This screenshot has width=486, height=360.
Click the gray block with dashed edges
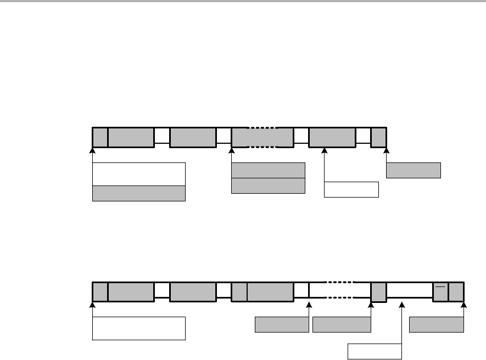[262, 138]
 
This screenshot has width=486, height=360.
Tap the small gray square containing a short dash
[440, 292]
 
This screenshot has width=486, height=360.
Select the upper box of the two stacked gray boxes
[268, 170]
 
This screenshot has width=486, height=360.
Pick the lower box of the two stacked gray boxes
[268, 186]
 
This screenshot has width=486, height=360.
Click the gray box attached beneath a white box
[138, 194]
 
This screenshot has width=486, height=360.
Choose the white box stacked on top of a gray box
[138, 174]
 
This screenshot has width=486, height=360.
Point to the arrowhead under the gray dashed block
[232, 150]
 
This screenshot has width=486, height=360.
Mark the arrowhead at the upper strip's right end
[387, 150]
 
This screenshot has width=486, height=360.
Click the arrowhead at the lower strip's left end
[93, 305]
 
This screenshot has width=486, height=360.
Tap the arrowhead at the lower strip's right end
[464, 305]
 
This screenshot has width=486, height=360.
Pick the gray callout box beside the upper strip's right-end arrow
[414, 171]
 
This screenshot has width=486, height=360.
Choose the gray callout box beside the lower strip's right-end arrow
[437, 325]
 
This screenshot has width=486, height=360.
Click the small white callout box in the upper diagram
[351, 189]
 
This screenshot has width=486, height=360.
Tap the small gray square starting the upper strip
[100, 138]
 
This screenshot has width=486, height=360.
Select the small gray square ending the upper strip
[379, 138]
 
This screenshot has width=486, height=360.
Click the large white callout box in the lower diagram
[138, 328]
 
